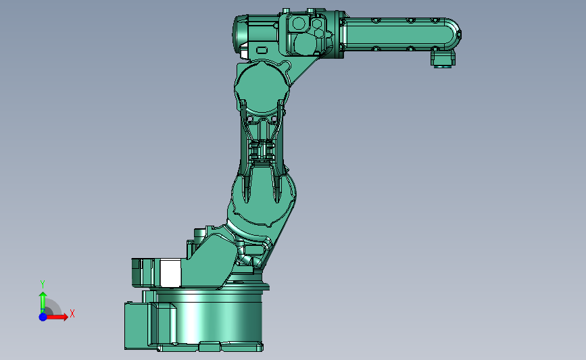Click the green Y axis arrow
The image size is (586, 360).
point(43,302)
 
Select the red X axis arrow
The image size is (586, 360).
point(56,317)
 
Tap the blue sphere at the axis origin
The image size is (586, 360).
point(43,317)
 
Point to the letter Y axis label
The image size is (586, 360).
point(43,284)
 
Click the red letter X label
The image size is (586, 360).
point(72,313)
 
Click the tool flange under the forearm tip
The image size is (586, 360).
point(443,59)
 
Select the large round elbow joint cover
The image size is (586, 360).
point(262,88)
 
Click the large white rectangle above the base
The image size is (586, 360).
point(170,274)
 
